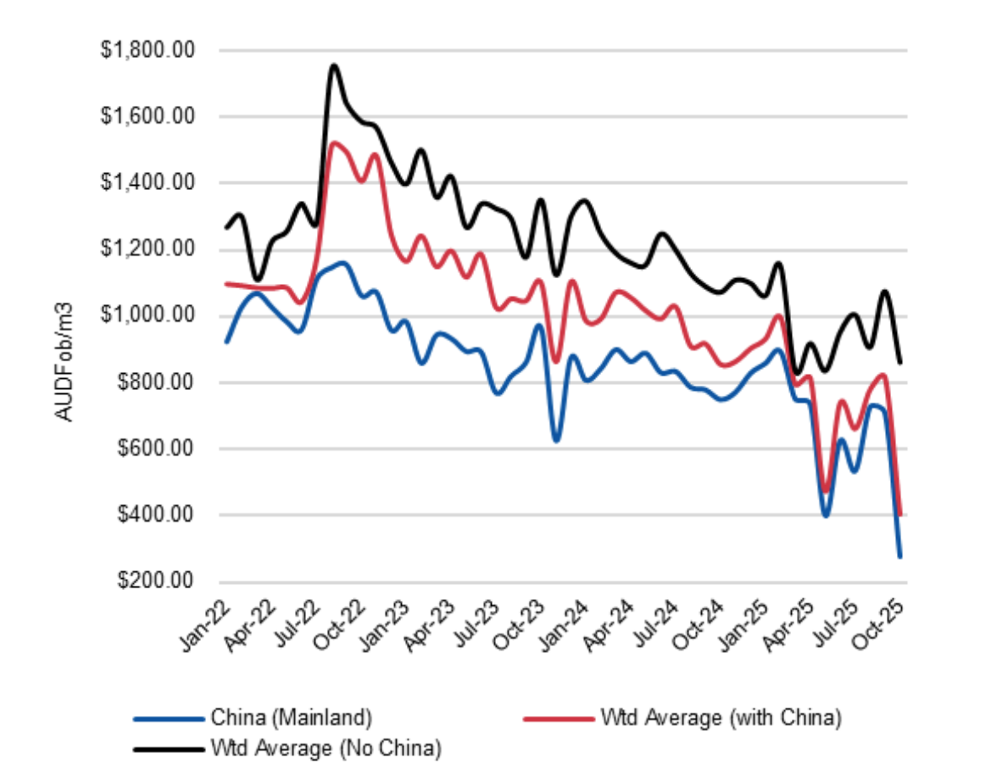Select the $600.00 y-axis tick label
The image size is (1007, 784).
pyautogui.click(x=155, y=449)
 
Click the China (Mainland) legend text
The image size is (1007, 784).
pyautogui.click(x=291, y=718)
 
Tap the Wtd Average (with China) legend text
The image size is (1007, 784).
pyautogui.click(x=720, y=718)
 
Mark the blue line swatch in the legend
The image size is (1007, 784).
pyautogui.click(x=168, y=719)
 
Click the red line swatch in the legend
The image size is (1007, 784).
pyautogui.click(x=559, y=719)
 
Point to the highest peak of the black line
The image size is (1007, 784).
pyautogui.click(x=334, y=65)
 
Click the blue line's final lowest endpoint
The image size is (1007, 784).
pyautogui.click(x=900, y=556)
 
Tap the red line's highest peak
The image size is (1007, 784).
pyautogui.click(x=335, y=143)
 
